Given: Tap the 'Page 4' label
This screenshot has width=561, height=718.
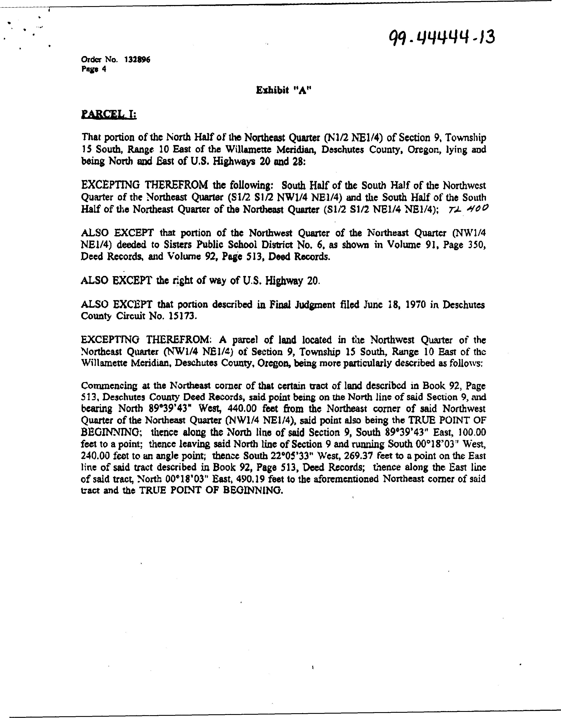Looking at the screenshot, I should click(94, 69).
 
